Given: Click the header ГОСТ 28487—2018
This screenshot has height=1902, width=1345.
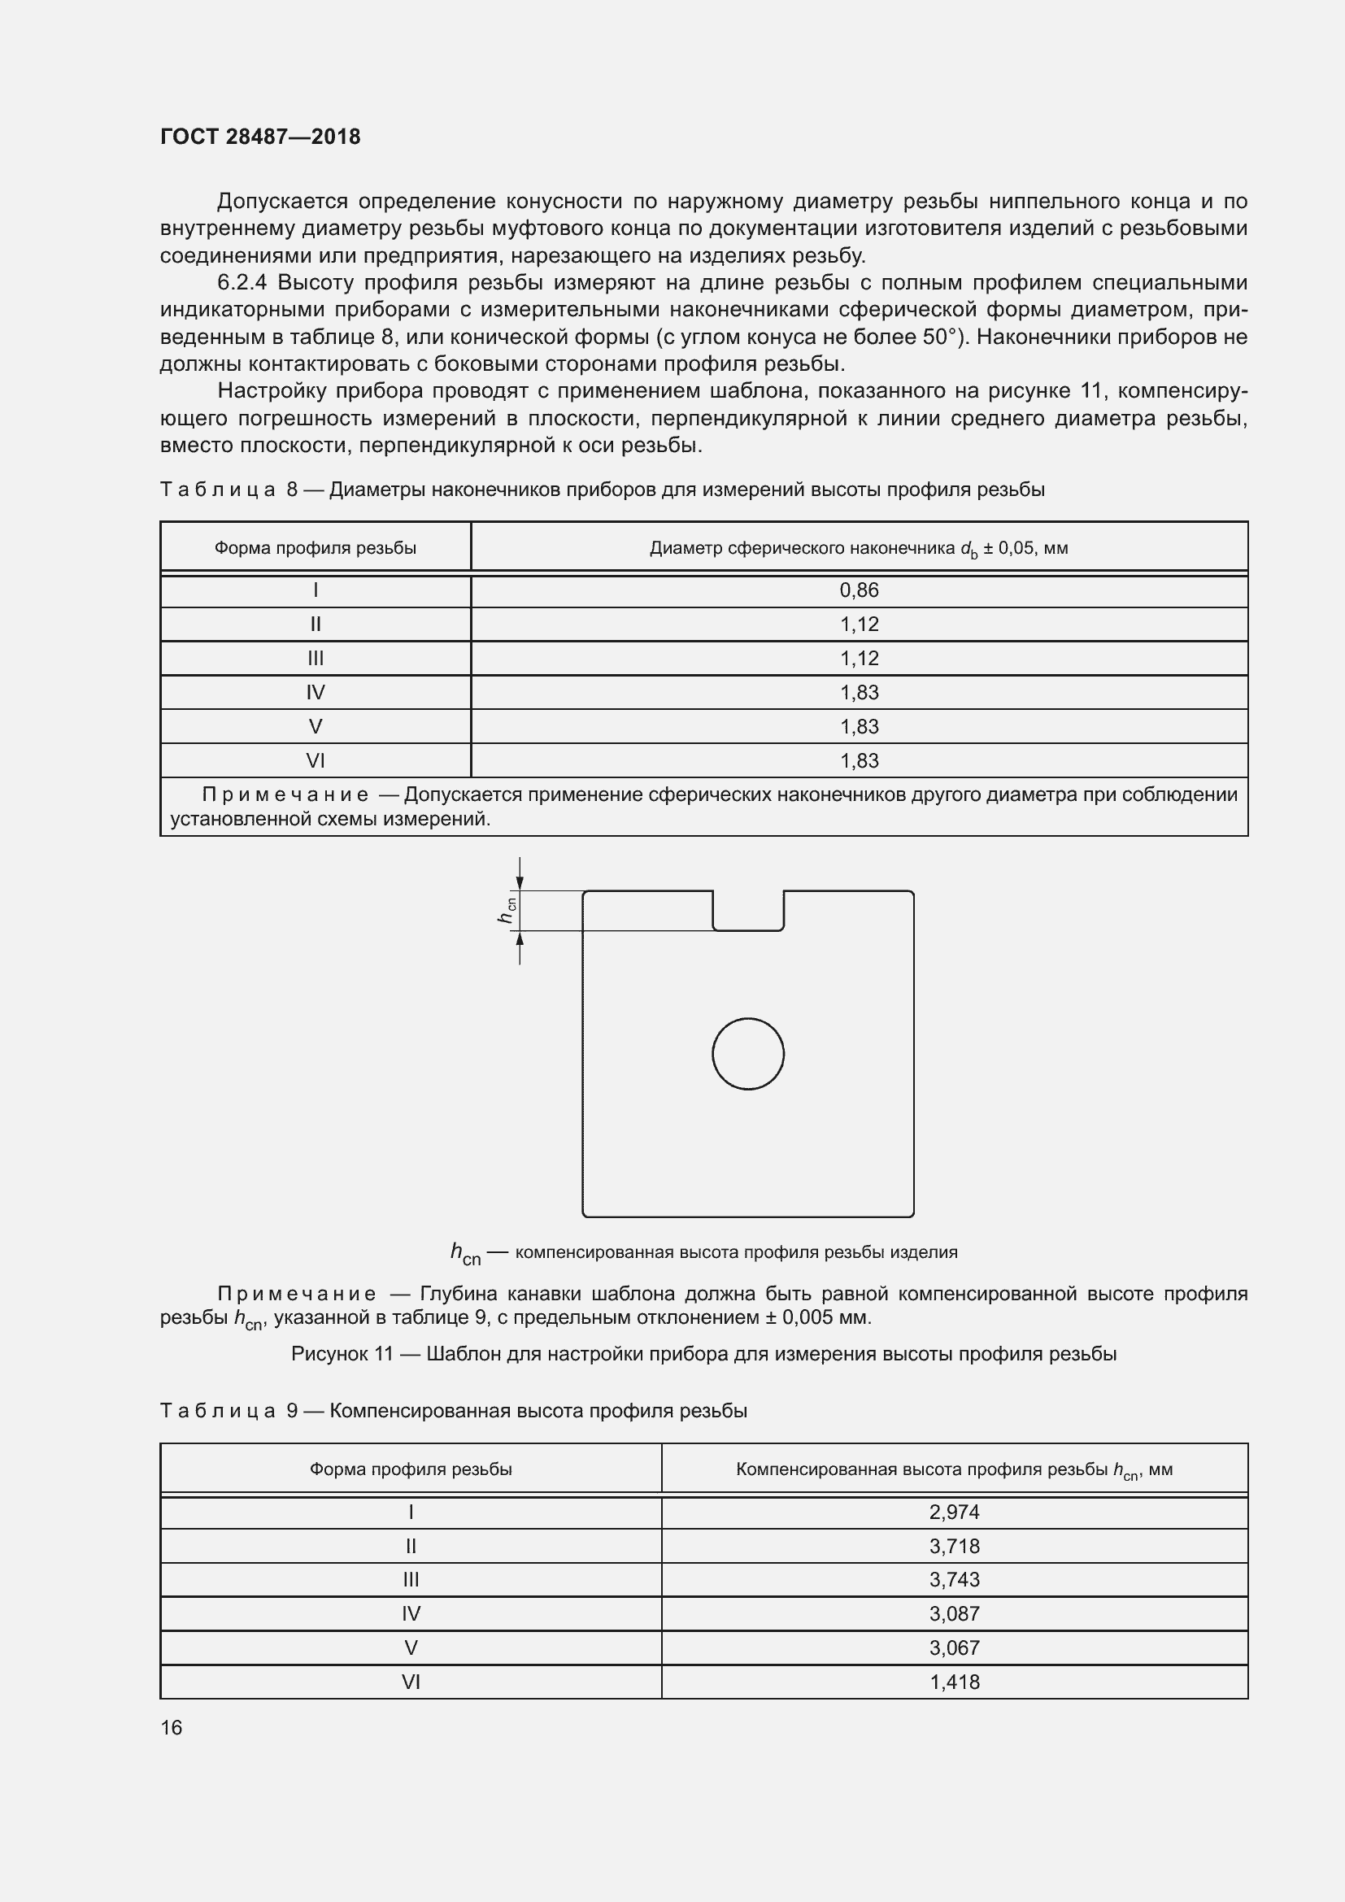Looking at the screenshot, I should tap(260, 137).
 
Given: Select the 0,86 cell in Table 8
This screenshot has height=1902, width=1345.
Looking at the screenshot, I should tap(859, 590).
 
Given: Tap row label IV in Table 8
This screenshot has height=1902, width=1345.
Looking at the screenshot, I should tap(316, 692).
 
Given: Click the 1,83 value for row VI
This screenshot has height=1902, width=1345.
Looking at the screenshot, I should tap(859, 760).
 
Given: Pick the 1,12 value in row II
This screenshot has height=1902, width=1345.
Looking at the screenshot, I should tap(859, 624).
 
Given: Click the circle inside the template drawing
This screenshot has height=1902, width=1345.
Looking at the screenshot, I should tap(748, 1054).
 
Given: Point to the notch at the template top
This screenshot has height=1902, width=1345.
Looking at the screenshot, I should tap(748, 912).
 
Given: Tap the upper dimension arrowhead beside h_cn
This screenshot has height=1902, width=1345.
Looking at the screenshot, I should tap(520, 884).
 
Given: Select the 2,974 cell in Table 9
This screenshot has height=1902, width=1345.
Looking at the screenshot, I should tap(954, 1512).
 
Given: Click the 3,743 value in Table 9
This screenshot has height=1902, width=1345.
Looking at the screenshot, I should tap(954, 1580).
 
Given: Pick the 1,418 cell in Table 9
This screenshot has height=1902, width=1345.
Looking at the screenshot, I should tap(954, 1682).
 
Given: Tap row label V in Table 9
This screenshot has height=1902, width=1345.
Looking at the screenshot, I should tap(411, 1647).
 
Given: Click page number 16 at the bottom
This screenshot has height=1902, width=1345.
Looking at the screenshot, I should tap(172, 1727).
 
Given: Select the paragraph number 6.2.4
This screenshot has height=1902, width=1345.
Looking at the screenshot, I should tap(242, 282).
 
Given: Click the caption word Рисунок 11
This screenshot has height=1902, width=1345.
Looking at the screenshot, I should tap(342, 1354).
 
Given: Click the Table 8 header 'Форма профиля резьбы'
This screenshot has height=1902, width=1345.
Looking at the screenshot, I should tap(316, 547).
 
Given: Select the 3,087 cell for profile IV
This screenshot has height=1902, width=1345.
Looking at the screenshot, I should tap(954, 1613).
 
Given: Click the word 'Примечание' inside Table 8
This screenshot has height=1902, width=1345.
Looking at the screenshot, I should tap(285, 794).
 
